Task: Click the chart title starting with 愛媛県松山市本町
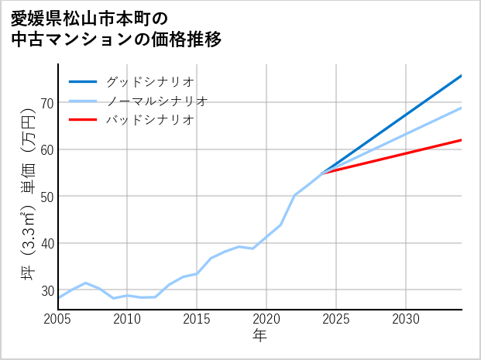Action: (116, 28)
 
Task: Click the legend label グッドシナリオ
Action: (149, 81)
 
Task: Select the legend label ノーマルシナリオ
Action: (156, 101)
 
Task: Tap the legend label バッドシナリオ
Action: (149, 120)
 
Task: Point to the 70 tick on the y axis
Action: (46, 103)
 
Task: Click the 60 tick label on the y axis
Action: (46, 149)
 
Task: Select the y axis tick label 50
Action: (46, 197)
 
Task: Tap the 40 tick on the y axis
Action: (46, 243)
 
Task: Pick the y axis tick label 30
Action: (46, 290)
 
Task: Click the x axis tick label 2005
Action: (58, 319)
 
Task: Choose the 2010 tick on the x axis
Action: (128, 319)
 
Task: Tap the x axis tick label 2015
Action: (198, 319)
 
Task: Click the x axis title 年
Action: (259, 336)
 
